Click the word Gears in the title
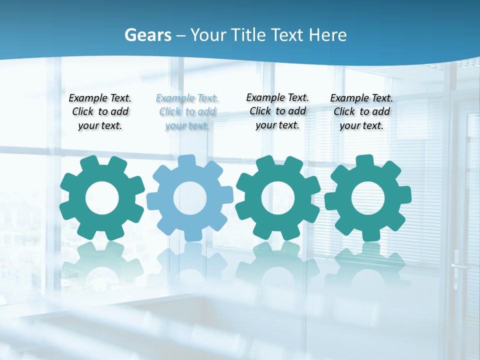coord(147,35)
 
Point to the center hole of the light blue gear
coord(190,198)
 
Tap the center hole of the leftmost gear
coord(102,198)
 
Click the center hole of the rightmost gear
coord(368,198)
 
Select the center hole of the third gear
coord(278,198)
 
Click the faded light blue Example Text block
coord(187,112)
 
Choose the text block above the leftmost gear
coord(100,112)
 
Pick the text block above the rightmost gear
coord(361,112)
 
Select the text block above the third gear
coord(277,111)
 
